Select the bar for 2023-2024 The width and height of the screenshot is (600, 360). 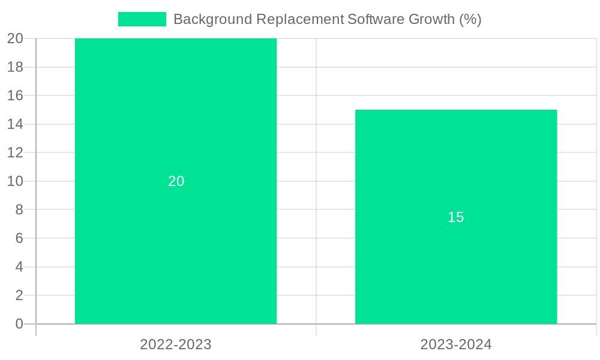[456, 270]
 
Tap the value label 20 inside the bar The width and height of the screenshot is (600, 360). [176, 181]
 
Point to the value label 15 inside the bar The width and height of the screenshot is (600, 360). [456, 217]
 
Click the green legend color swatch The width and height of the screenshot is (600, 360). [142, 19]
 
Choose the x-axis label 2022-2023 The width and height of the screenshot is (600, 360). [176, 344]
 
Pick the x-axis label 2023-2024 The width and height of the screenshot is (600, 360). [456, 344]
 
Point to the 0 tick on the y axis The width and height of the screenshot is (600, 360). [19, 324]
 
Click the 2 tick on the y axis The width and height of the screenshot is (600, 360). [19, 295]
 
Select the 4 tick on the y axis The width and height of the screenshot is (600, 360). [19, 267]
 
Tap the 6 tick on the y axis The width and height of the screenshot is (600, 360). [19, 238]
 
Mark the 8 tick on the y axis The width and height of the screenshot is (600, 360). [19, 210]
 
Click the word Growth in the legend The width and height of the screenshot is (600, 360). [431, 19]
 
